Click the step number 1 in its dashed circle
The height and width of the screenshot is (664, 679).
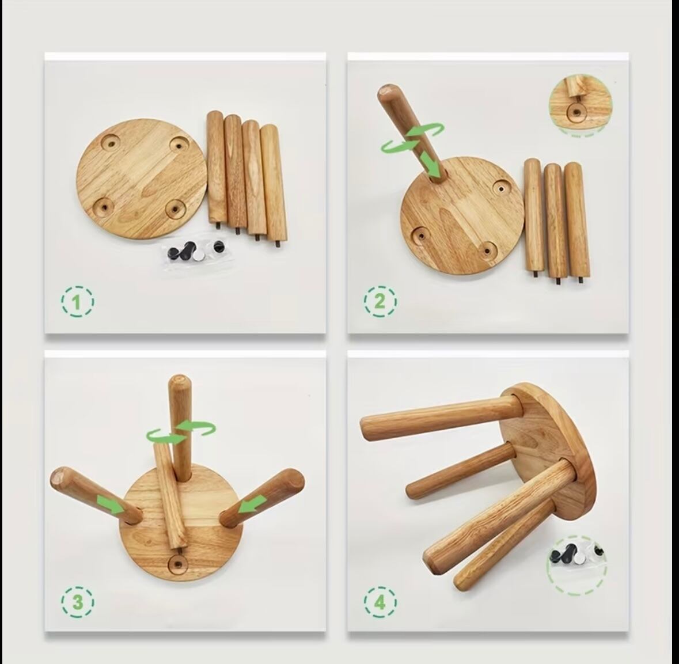coord(77,301)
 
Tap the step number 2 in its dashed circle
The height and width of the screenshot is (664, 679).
coord(380,301)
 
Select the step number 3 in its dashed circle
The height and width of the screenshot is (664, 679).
coord(77,602)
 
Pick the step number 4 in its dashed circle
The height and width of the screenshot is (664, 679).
coord(380,602)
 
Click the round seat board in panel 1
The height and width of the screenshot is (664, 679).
coord(142,179)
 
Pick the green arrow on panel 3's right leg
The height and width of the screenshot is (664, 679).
coord(252,504)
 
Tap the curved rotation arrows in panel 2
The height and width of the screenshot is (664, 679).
coord(412,137)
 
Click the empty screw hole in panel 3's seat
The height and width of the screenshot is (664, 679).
coord(177,563)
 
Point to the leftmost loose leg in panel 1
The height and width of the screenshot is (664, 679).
coord(215,167)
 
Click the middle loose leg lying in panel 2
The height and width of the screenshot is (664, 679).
coord(555,222)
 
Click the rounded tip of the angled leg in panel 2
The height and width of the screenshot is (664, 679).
coord(386,91)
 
